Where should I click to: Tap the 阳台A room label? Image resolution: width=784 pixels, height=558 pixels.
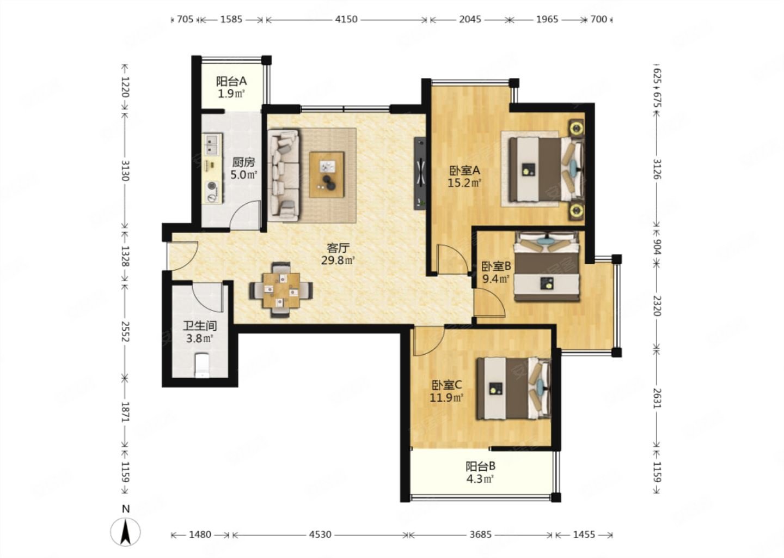click(231, 82)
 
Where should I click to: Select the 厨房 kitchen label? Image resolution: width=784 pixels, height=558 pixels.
click(243, 162)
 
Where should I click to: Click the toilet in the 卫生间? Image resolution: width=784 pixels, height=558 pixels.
click(202, 365)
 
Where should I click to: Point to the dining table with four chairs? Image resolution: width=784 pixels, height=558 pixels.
click(281, 290)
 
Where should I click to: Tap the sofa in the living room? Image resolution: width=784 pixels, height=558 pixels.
click(284, 175)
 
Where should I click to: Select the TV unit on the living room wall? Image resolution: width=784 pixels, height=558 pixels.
click(420, 173)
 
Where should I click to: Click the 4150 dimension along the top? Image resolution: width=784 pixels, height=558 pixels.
click(346, 19)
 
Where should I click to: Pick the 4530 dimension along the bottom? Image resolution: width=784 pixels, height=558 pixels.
click(320, 535)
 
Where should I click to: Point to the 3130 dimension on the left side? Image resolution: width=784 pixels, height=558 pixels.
click(125, 171)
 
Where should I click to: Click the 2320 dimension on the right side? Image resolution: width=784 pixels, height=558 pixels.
click(657, 306)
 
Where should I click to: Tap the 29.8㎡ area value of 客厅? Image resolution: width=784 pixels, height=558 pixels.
click(338, 260)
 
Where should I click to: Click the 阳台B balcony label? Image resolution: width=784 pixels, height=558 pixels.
click(480, 466)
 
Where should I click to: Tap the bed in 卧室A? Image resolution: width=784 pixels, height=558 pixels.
click(547, 169)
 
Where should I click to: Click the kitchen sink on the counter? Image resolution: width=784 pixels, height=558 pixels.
click(212, 144)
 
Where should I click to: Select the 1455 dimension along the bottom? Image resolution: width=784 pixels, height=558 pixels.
click(584, 535)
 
